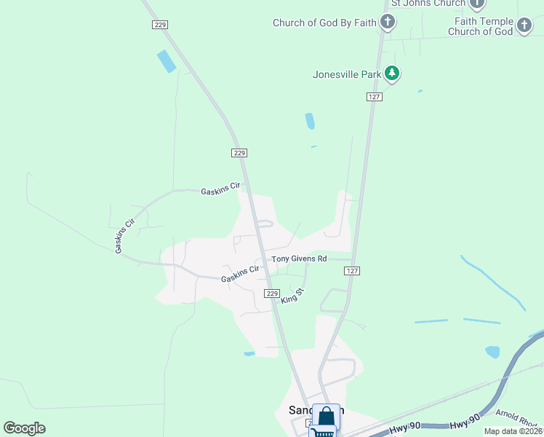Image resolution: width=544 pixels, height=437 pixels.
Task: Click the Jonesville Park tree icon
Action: [392, 74]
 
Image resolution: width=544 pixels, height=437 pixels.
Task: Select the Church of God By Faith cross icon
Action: [388, 23]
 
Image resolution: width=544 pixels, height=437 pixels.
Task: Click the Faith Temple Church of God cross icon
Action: [524, 27]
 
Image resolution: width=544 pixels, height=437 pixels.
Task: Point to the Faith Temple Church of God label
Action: [480, 27]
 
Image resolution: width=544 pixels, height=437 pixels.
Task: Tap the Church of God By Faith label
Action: [324, 23]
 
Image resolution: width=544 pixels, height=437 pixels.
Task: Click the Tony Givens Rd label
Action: [300, 259]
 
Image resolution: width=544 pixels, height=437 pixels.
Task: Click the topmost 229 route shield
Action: [161, 25]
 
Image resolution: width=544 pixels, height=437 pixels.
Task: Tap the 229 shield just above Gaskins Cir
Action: [240, 153]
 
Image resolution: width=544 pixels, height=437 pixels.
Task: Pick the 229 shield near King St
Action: [271, 293]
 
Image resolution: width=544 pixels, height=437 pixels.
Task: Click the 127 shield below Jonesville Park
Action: [374, 96]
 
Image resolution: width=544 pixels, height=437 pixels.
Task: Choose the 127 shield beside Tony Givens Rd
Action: [352, 270]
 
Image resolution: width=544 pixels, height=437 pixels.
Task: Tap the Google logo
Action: [25, 428]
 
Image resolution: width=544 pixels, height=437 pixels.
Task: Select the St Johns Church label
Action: [428, 4]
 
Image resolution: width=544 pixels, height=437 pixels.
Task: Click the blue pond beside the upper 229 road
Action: [167, 61]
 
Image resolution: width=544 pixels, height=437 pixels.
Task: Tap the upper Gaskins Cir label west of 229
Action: [220, 189]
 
